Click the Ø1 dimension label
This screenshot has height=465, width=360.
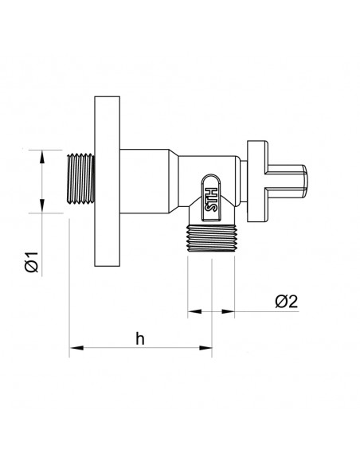[x=32, y=262]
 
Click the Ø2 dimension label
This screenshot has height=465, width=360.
[x=286, y=302]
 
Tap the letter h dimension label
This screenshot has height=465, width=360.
[x=140, y=338]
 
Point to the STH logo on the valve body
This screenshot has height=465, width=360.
[x=211, y=200]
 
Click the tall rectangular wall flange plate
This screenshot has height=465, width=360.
[x=107, y=182]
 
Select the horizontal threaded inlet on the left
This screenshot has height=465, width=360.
[x=81, y=179]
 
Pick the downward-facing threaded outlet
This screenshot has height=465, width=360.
[x=211, y=238]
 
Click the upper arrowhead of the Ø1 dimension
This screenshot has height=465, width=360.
[x=42, y=156]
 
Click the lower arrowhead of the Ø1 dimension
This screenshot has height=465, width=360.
[x=42, y=205]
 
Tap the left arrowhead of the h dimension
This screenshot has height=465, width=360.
[x=76, y=348]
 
